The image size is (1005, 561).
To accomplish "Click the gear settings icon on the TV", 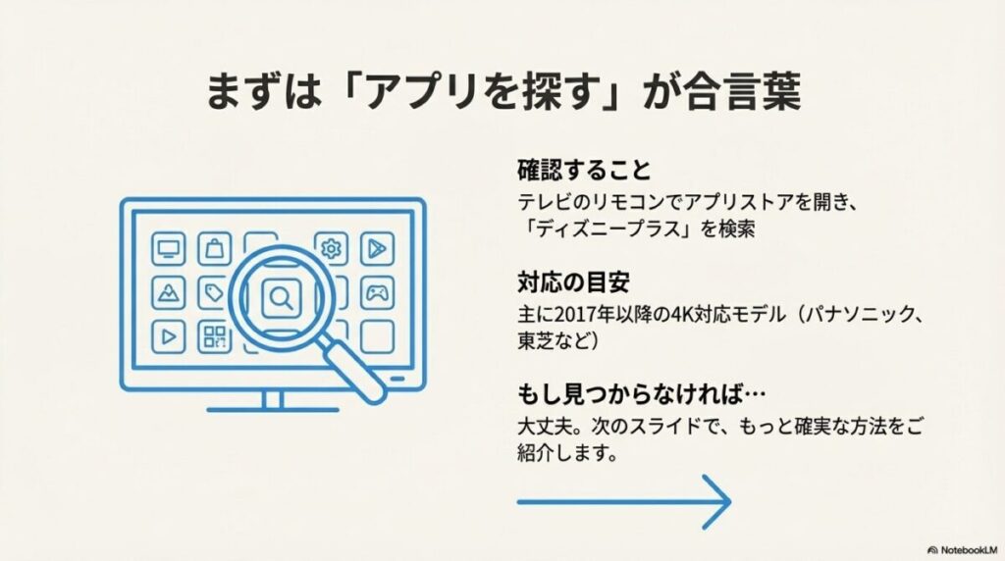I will (x=331, y=249).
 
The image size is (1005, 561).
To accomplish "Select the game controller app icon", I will (x=377, y=292).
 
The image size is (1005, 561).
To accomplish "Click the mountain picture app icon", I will (x=168, y=292).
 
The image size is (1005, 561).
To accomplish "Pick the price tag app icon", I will (x=214, y=292).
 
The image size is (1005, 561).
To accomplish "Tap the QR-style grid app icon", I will (x=214, y=336).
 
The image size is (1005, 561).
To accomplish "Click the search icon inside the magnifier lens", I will (x=280, y=295).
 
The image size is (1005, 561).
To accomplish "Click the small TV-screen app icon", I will (x=168, y=249).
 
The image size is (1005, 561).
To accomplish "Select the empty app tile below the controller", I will (x=377, y=336).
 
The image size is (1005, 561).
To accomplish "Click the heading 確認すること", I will (x=584, y=170).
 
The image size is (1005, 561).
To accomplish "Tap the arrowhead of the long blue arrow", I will (x=721, y=501).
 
